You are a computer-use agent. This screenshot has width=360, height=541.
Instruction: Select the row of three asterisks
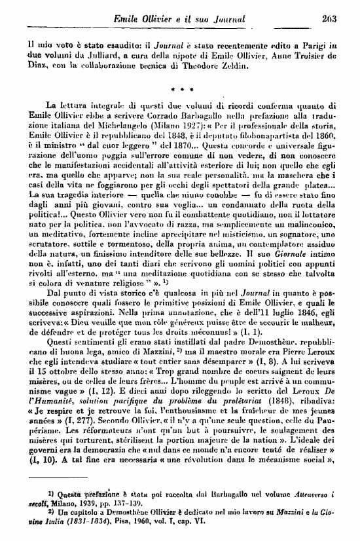coord(179,85)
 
